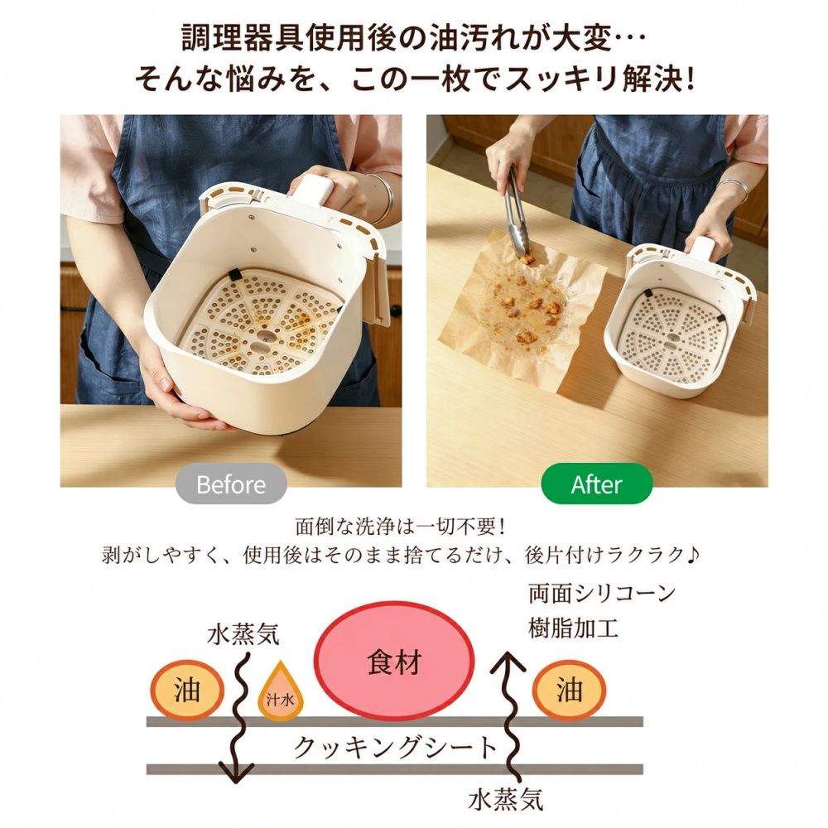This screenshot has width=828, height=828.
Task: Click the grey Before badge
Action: point(231,484)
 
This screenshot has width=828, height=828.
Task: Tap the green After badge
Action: point(597,484)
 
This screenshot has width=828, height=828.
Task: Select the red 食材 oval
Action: point(394,661)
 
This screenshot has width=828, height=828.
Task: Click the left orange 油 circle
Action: point(187,691)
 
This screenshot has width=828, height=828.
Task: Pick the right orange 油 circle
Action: point(569,691)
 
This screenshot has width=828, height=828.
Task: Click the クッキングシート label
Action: point(395,747)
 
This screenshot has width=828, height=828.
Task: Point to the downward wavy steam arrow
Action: point(238,718)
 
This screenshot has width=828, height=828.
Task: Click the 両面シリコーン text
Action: point(602,594)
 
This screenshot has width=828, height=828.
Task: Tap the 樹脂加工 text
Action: point(573,628)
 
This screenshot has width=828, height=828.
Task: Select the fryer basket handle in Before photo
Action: point(314,190)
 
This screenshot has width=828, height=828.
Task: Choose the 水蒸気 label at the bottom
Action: point(506,800)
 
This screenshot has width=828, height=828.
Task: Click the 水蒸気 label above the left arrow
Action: point(243,634)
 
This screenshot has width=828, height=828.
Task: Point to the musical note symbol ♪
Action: point(693,554)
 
